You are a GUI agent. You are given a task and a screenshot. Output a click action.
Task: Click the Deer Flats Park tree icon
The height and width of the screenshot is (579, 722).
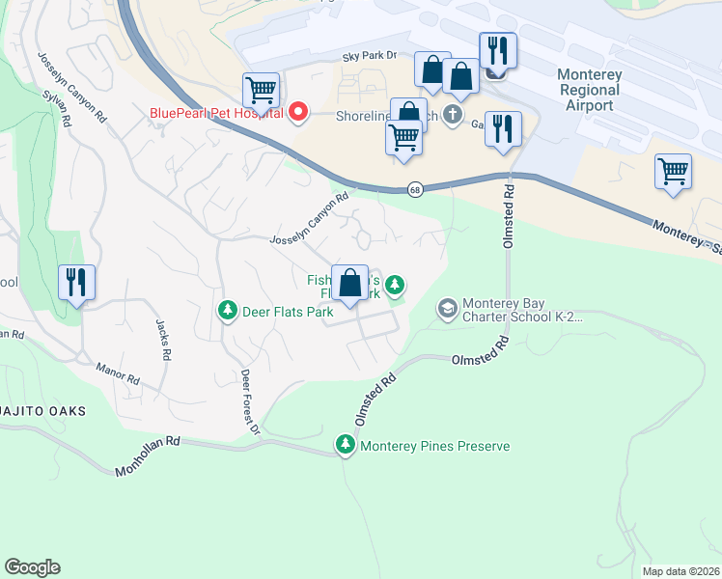click(228, 311)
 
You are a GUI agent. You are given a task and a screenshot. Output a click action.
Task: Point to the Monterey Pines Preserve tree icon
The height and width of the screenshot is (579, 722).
click(346, 445)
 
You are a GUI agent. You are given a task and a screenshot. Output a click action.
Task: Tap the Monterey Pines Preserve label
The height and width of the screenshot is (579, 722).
click(434, 446)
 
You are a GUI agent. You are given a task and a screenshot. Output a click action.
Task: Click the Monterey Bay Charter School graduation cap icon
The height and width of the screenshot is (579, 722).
click(447, 309)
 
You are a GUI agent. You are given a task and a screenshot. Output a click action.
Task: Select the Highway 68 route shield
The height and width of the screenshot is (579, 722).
click(414, 189)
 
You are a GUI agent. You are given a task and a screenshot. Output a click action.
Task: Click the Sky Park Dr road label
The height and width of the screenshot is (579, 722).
click(370, 58)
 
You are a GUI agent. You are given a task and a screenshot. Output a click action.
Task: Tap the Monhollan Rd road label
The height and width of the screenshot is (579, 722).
click(148, 456)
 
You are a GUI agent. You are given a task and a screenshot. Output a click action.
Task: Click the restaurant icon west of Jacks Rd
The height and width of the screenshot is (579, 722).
click(76, 283)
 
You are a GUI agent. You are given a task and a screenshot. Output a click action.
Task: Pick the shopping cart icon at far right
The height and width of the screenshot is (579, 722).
click(673, 172)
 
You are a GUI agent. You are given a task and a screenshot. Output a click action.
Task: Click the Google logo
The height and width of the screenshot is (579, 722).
click(32, 567)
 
